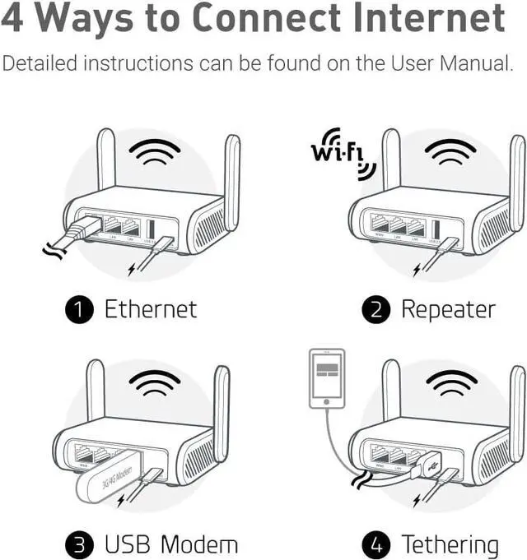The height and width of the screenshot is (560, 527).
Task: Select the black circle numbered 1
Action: coord(80,310)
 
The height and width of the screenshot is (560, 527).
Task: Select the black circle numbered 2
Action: coord(375,310)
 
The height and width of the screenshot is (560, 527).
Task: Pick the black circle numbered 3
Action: coord(80,544)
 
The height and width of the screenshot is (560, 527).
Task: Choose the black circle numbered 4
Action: coord(375,544)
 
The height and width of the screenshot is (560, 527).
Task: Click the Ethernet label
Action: coord(151,310)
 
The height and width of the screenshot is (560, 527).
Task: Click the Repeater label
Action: coord(448,310)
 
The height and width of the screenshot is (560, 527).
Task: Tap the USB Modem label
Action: coord(171,544)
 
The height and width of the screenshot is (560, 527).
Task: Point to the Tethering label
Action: coord(450,544)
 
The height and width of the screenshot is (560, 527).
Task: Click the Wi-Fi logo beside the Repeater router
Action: coord(343,152)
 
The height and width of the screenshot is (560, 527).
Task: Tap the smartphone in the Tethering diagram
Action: coord(327,378)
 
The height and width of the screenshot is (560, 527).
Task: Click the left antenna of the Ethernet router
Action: coord(105,160)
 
